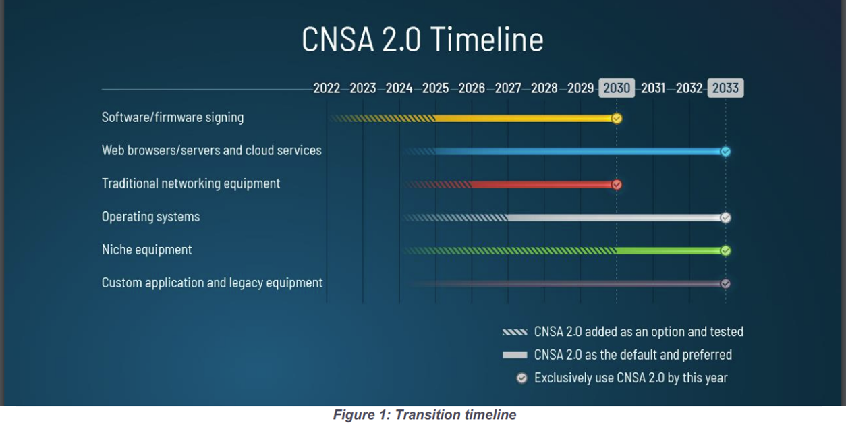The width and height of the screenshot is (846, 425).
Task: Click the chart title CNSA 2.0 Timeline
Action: tap(422, 39)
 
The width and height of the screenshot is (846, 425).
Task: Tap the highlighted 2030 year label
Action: tap(617, 88)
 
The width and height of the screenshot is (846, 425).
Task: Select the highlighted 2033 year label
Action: tap(725, 88)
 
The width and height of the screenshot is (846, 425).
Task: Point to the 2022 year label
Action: tap(327, 88)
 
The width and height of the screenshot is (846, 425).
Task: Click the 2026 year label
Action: tap(472, 88)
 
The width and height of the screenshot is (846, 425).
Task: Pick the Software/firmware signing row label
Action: tap(173, 117)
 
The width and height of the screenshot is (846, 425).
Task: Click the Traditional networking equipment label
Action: tap(191, 183)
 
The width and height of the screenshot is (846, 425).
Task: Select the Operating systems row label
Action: tap(150, 217)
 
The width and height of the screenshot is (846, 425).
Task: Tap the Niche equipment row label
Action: tap(146, 250)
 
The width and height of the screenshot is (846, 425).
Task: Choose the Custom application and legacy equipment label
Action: tap(212, 283)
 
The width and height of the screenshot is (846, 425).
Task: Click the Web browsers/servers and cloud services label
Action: tap(211, 150)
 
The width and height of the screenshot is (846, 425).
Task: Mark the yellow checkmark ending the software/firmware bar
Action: tap(617, 119)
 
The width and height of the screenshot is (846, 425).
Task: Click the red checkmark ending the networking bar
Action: tap(617, 184)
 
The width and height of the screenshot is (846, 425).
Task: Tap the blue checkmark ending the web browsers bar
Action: tap(725, 151)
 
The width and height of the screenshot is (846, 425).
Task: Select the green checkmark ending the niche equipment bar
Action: tap(725, 250)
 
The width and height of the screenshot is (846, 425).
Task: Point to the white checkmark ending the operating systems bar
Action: tap(725, 217)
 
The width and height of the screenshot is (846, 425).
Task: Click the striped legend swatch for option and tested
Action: tap(515, 332)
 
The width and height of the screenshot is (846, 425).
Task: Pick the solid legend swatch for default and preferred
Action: tap(515, 355)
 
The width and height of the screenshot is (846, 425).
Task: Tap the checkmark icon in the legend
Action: tap(521, 378)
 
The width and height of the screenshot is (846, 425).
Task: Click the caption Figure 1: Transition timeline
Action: tap(424, 415)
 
